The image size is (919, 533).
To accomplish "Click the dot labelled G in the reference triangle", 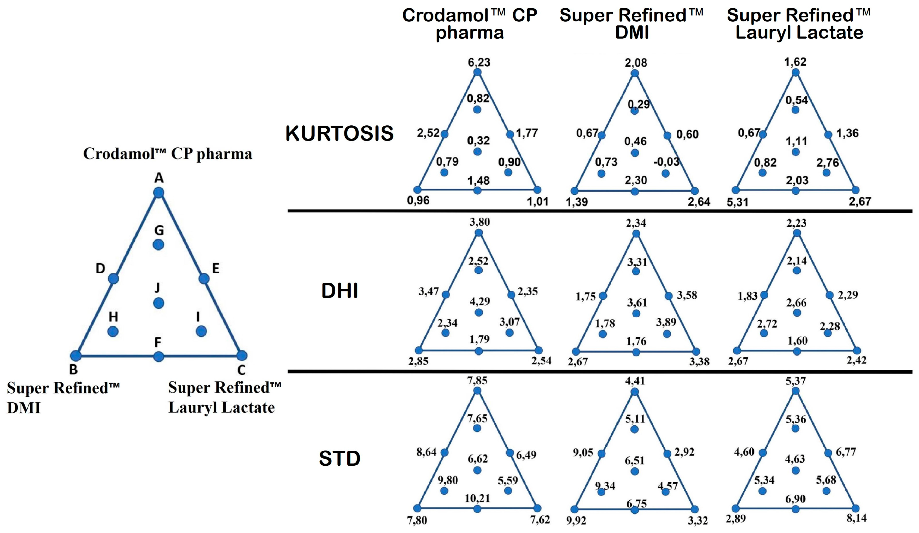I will coord(158,245).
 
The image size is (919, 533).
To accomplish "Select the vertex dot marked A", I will coord(158,192).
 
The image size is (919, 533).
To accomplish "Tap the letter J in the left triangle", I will coord(157,288).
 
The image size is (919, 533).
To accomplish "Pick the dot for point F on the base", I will coord(158,356).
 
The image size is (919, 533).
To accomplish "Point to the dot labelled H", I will coord(113,331).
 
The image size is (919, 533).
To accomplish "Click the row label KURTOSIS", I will coord(339,133).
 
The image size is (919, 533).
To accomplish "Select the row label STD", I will coord(339,458).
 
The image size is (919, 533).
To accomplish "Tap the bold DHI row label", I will coord(339,291).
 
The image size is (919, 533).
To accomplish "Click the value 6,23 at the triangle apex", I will coord(479,62).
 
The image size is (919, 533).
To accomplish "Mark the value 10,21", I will coord(477,498).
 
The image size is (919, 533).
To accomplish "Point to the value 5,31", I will coord(737,202).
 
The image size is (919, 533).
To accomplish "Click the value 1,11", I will coord(797,141).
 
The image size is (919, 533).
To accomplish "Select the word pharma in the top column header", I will coord(470,33).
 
